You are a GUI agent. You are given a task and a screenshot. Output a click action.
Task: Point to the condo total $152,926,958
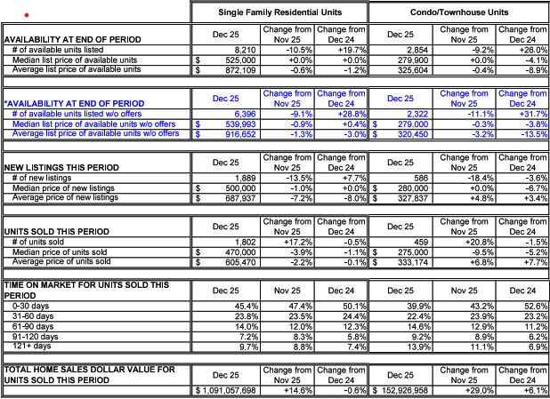pyautogui.click(x=406, y=391)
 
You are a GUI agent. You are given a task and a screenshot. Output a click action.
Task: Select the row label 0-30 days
pyautogui.click(x=31, y=307)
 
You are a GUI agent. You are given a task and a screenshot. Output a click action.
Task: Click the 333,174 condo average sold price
pyautogui.click(x=414, y=262)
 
